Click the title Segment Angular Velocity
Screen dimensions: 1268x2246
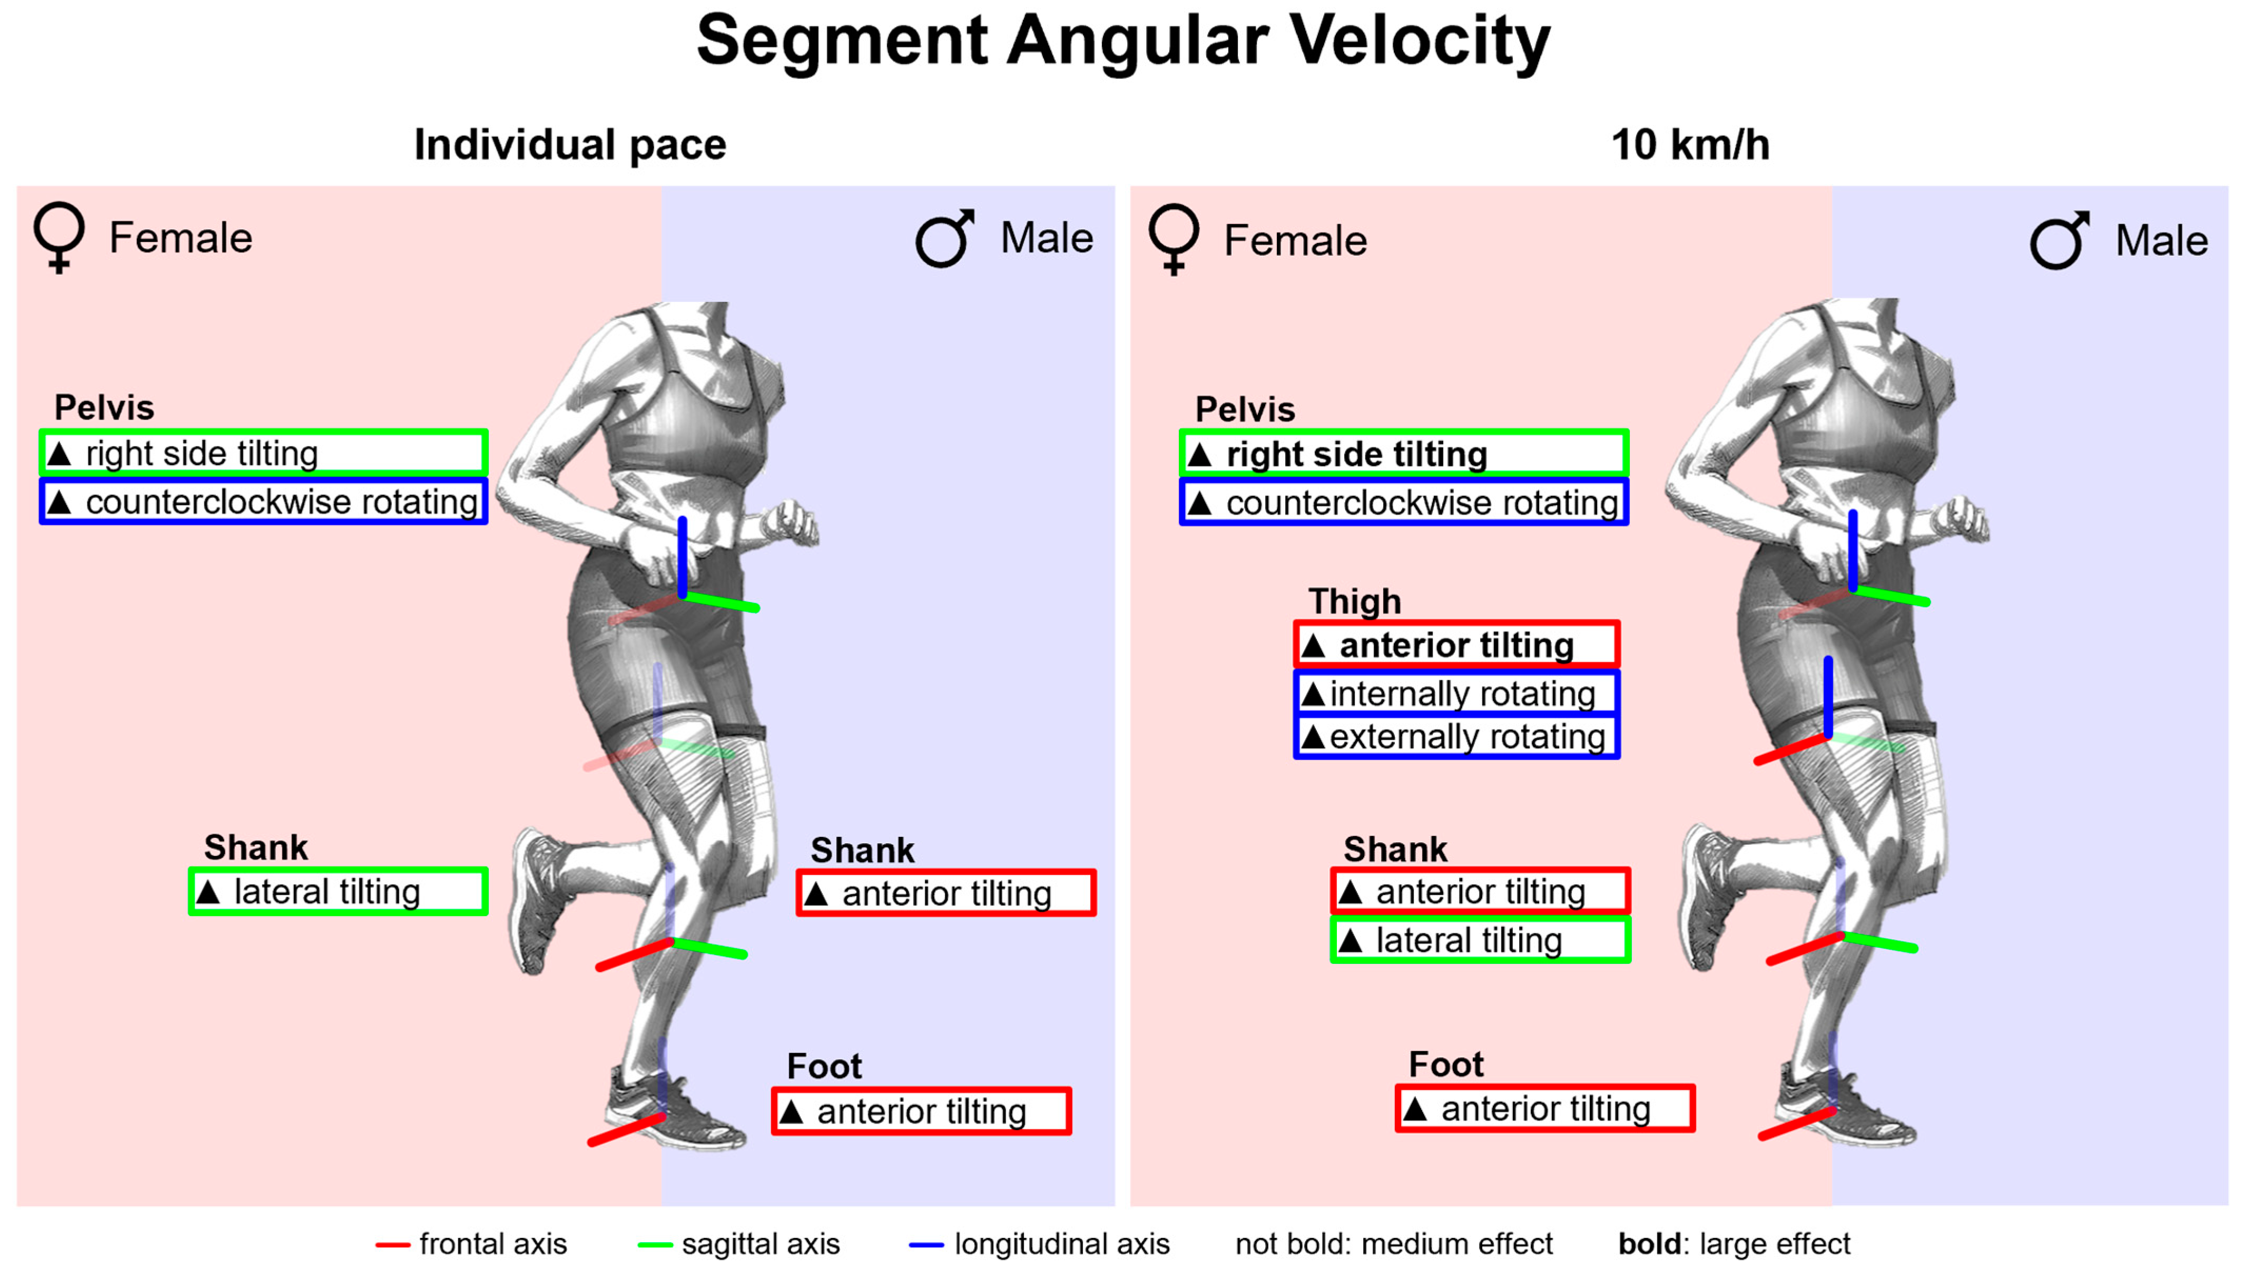point(1123,42)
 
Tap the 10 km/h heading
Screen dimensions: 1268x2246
point(1690,145)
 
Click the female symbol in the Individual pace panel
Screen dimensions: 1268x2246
point(60,237)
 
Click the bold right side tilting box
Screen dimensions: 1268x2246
point(1404,453)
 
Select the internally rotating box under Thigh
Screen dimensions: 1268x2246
point(1456,694)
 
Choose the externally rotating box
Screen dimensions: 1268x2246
point(1456,737)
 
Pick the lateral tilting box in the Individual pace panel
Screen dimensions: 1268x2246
point(338,891)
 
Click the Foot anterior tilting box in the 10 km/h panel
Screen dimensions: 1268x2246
point(1545,1108)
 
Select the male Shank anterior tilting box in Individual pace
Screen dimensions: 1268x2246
point(946,893)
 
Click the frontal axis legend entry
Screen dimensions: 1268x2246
point(472,1244)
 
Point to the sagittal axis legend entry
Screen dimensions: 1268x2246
point(740,1244)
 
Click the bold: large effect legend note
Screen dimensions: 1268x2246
point(1733,1244)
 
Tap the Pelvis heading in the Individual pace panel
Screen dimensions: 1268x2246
point(104,407)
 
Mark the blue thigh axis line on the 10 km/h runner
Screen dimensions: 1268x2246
point(1828,698)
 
